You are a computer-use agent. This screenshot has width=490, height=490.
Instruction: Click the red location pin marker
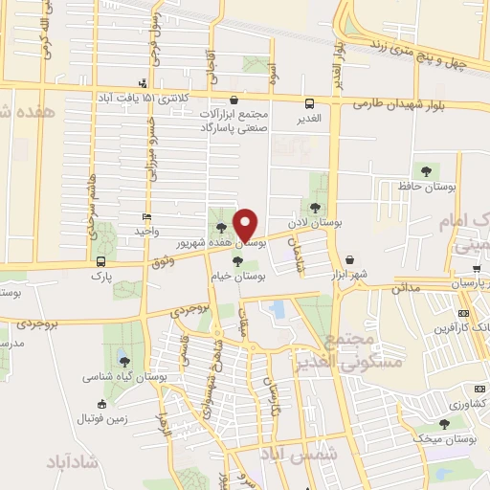click(247, 224)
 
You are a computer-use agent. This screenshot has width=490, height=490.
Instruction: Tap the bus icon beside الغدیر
click(308, 103)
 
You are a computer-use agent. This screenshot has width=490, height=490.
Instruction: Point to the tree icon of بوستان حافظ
click(426, 170)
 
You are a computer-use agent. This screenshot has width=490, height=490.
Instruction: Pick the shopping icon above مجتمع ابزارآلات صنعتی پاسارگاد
click(234, 99)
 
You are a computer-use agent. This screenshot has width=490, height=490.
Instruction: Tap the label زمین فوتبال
click(101, 419)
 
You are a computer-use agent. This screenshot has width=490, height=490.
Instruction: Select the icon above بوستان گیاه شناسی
click(125, 360)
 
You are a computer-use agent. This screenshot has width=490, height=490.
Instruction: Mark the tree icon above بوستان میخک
click(443, 422)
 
